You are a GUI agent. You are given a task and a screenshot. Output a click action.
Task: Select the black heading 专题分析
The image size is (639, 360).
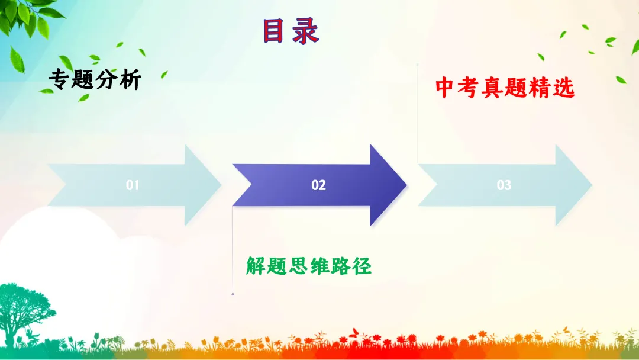[x=95, y=79]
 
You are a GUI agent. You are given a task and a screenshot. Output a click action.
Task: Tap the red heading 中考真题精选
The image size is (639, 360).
[x=505, y=88]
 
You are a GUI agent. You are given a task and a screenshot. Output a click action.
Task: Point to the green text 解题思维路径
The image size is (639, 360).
[x=309, y=266]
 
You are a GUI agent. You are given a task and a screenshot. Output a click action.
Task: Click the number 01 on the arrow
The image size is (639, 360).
[x=133, y=185]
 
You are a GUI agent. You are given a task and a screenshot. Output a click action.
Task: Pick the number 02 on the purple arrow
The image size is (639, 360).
[x=318, y=185]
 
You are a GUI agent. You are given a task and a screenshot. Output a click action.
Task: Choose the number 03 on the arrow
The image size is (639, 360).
[x=504, y=185]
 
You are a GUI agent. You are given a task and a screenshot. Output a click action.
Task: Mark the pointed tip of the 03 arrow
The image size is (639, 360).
[x=591, y=185]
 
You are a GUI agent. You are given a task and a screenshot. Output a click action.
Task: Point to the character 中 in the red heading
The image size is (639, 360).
[x=445, y=88]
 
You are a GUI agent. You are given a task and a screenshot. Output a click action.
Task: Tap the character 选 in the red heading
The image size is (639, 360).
[x=564, y=88]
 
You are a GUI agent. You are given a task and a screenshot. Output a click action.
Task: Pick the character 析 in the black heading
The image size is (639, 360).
[x=130, y=79]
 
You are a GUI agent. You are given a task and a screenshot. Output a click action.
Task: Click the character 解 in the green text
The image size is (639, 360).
[x=256, y=266]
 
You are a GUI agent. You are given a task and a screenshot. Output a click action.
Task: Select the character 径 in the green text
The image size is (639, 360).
[x=362, y=266]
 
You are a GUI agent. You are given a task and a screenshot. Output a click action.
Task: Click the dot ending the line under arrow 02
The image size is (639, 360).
[x=233, y=294]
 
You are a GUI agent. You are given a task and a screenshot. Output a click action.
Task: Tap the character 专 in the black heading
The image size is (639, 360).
[x=59, y=79]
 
